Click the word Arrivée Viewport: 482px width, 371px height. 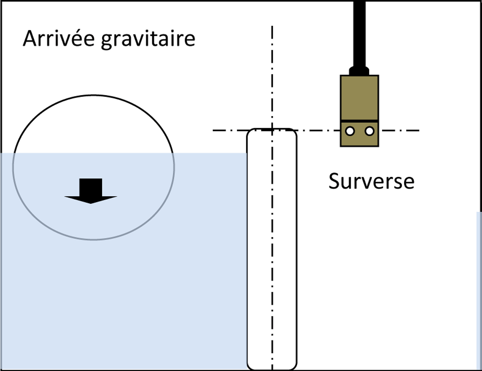coord(59,39)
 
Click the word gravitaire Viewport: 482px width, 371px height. coord(148,40)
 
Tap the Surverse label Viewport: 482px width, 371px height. coord(371,181)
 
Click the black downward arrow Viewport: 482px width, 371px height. coord(91,191)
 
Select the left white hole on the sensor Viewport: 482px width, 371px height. coord(350,131)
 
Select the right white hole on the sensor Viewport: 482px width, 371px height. coord(369,131)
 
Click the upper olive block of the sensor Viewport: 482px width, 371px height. coord(359,98)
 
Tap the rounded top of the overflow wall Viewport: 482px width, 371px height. coord(272,129)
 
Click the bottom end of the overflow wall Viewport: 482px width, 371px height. coord(272,370)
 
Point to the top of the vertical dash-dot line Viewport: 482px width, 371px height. coord(272,26)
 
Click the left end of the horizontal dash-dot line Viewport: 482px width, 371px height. coord(213,131)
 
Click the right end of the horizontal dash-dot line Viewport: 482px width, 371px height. coord(419,131)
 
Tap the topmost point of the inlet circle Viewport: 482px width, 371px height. coord(93,95)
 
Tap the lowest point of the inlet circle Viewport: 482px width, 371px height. coord(93,240)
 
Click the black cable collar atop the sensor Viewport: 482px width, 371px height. coord(359,71)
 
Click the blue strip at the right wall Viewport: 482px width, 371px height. coord(479,291)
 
